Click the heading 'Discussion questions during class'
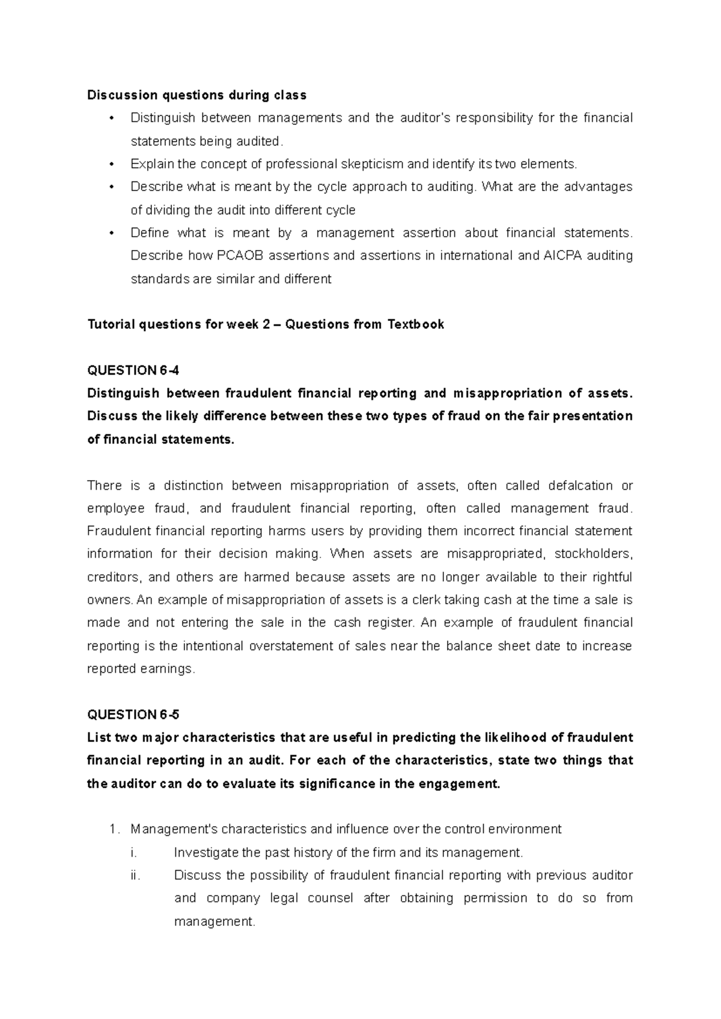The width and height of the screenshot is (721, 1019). click(x=196, y=95)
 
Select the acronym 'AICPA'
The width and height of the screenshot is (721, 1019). click(x=562, y=256)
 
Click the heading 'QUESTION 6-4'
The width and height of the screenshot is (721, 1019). click(x=133, y=371)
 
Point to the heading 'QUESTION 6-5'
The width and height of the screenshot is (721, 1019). click(x=133, y=715)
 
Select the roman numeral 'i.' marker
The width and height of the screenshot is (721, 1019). click(x=133, y=853)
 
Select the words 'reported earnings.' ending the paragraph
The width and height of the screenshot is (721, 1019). click(x=141, y=669)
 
